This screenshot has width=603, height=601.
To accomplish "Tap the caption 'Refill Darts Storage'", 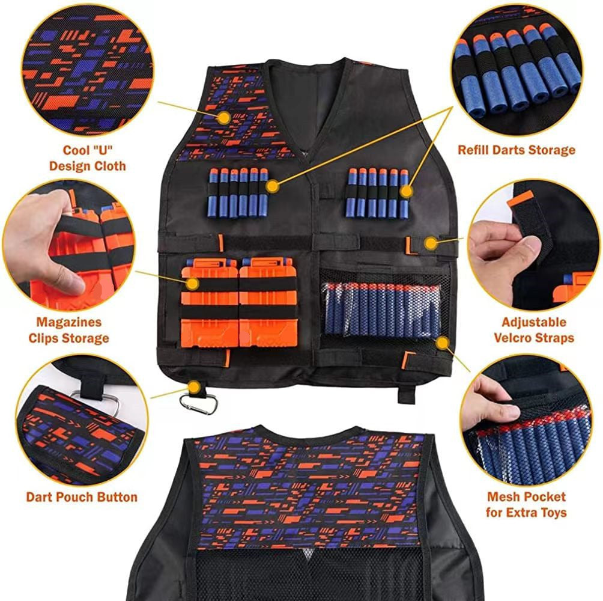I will click(517, 150).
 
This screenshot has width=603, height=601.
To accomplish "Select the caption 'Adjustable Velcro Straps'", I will click(534, 330).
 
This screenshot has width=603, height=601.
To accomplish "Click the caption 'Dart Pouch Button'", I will click(82, 497).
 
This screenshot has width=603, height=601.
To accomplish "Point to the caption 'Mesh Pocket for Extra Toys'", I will click(526, 505).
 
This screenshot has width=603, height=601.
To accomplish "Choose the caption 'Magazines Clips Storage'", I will click(68, 330).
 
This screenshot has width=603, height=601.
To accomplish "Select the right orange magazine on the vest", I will click(268, 304).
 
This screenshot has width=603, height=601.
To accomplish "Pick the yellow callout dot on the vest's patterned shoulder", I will click(224, 117).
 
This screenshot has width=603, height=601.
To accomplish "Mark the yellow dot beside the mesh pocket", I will click(443, 343).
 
